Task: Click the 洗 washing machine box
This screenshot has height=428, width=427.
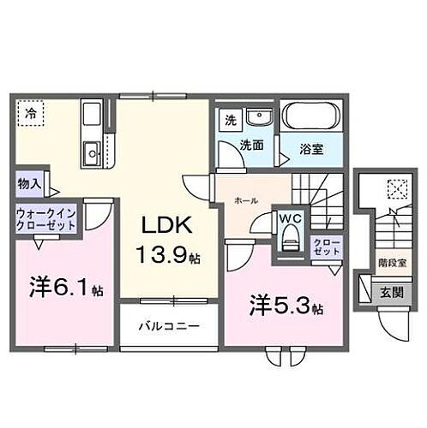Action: tap(229, 121)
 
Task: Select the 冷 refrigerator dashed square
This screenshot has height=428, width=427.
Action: tap(31, 114)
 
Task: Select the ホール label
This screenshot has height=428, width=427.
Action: tap(244, 201)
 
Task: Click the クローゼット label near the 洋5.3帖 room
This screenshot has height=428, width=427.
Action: tap(327, 248)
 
